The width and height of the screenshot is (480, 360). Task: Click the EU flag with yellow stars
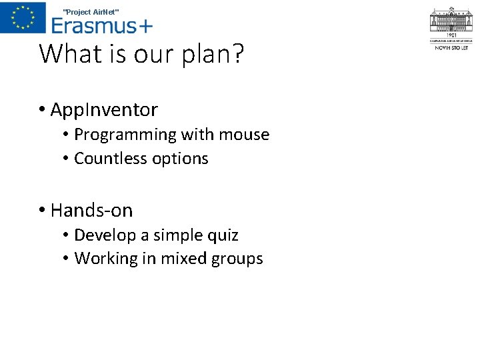[x=23, y=17]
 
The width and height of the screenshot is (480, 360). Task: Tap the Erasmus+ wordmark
[x=102, y=25]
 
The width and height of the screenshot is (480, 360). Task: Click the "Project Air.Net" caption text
[x=91, y=11]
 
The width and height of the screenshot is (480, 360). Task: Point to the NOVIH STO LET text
[x=451, y=48]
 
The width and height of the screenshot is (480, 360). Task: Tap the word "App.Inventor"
[x=104, y=109]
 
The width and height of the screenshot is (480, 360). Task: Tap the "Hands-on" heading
[x=91, y=211]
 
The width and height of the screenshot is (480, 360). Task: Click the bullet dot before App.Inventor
[x=41, y=110]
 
